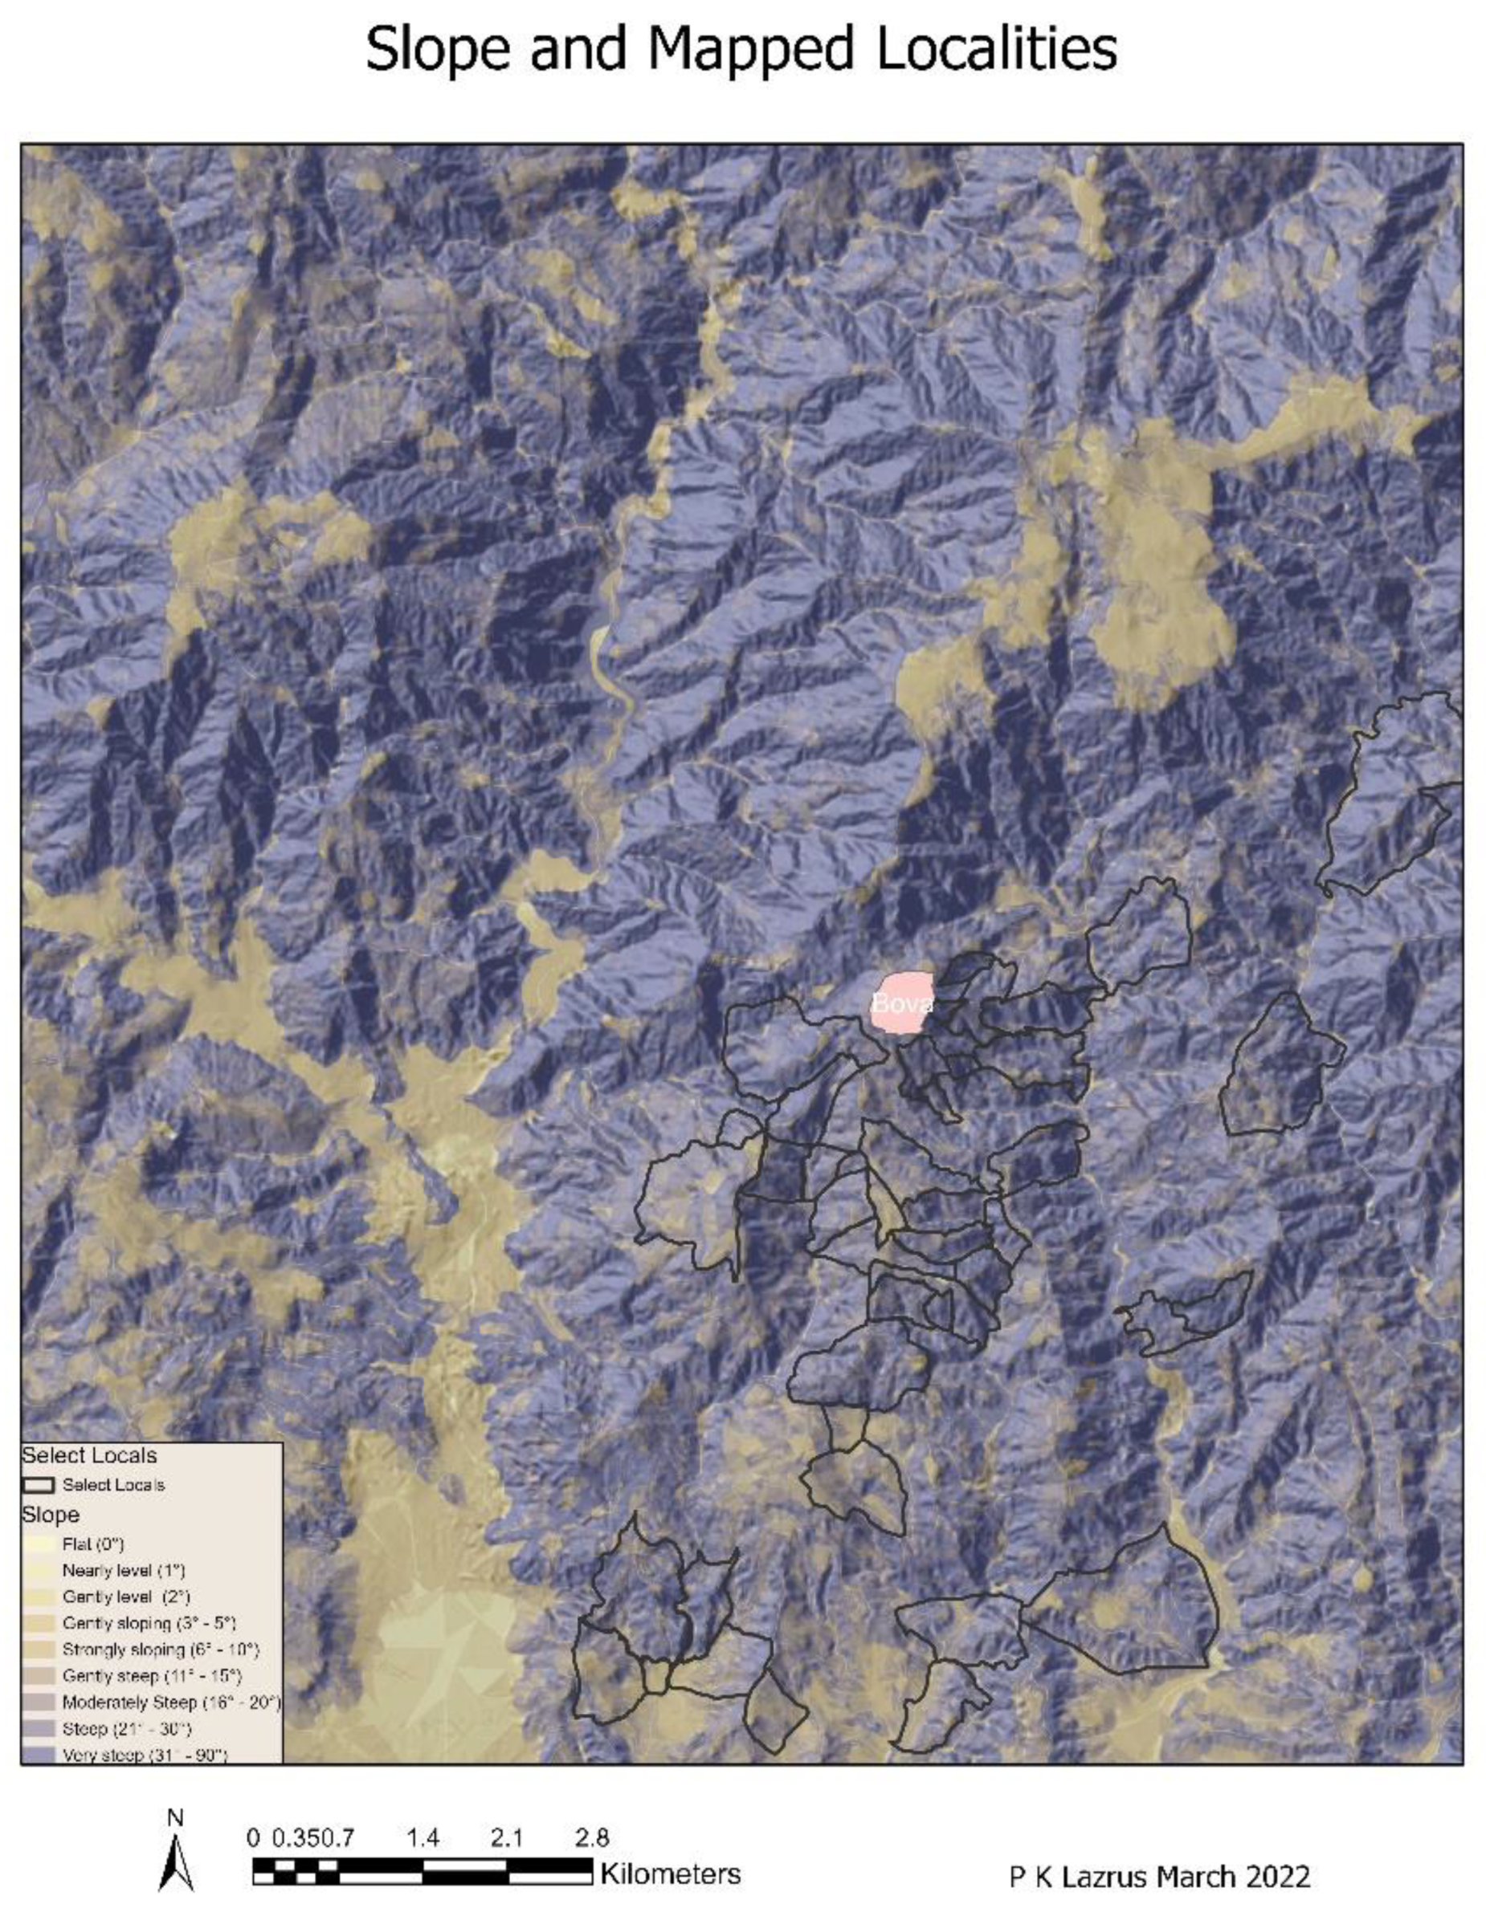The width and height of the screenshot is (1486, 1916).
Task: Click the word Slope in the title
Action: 436,50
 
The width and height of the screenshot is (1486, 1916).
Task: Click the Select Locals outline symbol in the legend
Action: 39,1485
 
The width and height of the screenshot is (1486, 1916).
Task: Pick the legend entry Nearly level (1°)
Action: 123,1569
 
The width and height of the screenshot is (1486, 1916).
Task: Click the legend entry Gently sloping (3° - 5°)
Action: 149,1623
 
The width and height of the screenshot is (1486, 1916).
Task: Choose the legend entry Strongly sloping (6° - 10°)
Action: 160,1650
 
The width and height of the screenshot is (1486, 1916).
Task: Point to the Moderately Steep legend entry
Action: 170,1702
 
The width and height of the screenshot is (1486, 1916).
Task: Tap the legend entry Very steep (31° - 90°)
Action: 144,1755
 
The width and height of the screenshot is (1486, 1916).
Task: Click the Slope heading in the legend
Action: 50,1515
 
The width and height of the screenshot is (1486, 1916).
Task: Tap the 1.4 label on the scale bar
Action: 423,1838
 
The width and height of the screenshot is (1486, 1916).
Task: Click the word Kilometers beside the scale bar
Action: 670,1874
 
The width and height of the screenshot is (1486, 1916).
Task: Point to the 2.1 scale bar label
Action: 507,1838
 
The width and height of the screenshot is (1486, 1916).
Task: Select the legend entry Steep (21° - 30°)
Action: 125,1728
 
